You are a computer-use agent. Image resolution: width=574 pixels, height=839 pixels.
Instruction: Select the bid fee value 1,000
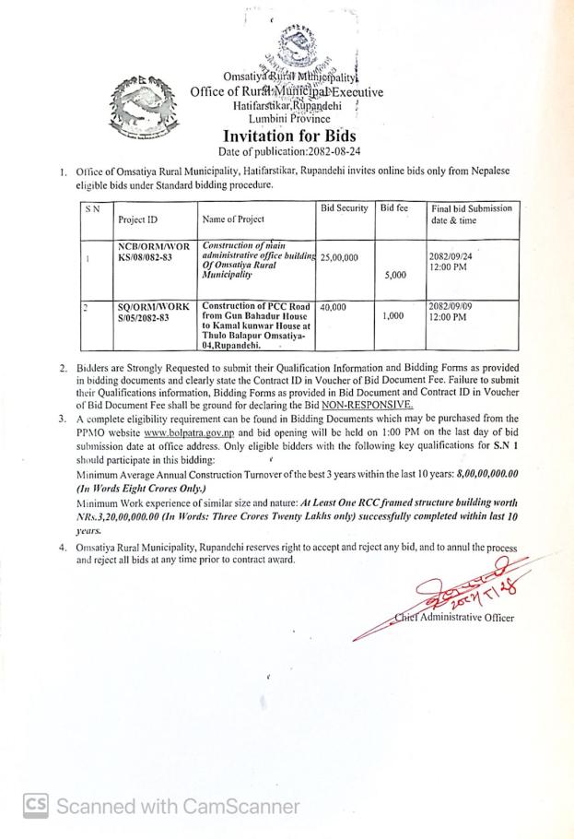(393, 315)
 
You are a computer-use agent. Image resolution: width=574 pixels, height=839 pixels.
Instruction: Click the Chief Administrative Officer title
(461, 618)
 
